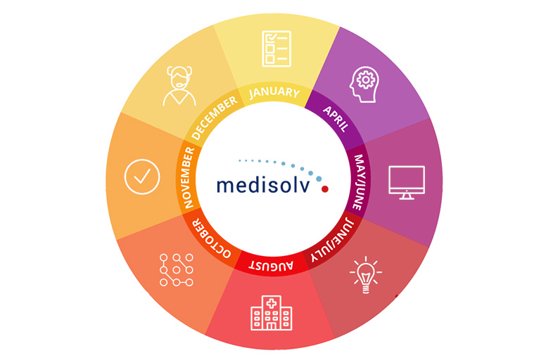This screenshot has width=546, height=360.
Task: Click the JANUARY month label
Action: [274, 93]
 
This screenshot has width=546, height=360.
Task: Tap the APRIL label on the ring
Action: [336, 119]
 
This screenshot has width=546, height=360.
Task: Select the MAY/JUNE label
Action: [359, 182]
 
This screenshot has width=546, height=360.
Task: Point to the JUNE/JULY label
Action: [332, 239]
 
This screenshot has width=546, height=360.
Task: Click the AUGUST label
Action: [271, 266]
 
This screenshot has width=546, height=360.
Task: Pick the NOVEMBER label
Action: [189, 178]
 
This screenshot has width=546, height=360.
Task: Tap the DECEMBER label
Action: [214, 118]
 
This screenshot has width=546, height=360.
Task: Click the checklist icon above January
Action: [277, 49]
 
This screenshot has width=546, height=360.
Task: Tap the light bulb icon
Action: [366, 275]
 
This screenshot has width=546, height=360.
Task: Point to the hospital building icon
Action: [272, 313]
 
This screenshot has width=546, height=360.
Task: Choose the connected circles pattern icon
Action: [176, 270]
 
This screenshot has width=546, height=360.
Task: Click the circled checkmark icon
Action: [142, 176]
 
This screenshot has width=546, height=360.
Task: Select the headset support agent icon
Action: [179, 86]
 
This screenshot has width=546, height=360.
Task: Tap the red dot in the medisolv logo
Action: [325, 189]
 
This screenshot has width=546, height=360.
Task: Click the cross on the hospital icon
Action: [272, 304]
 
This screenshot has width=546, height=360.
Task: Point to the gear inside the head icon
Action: [366, 80]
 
